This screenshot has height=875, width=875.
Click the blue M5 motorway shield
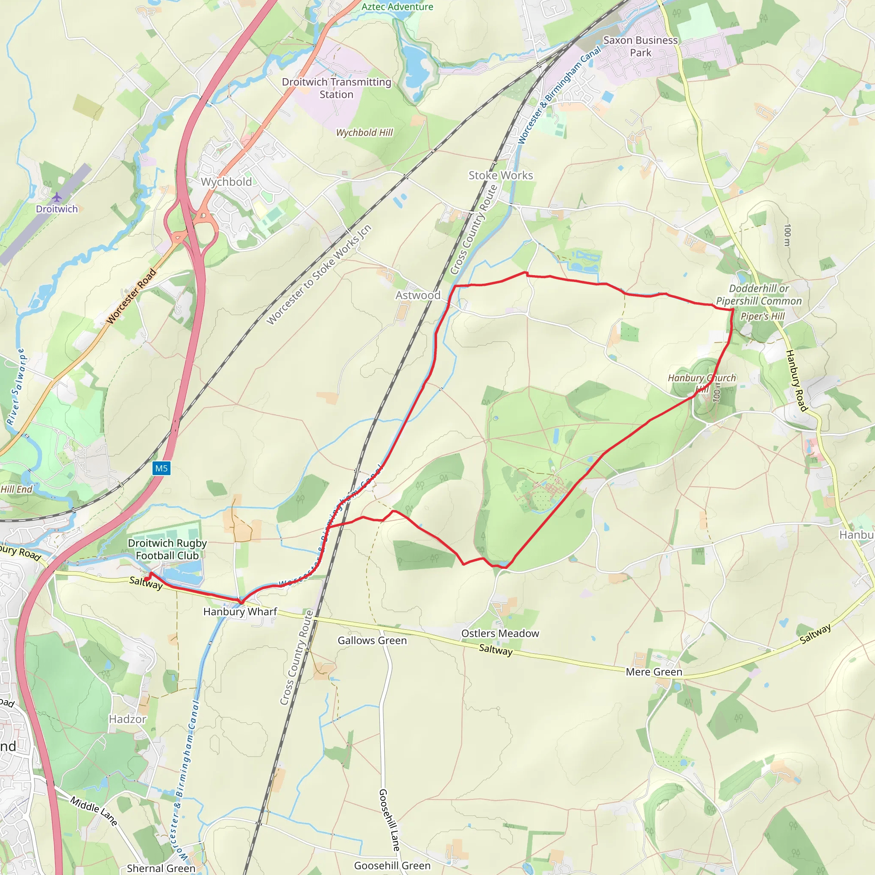click(x=161, y=468)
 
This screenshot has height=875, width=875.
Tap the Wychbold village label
click(x=226, y=182)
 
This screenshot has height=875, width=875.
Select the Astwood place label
click(x=417, y=295)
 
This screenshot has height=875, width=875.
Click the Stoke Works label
click(x=500, y=175)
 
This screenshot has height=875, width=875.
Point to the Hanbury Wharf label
click(x=240, y=611)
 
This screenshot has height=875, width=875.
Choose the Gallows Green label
click(x=372, y=640)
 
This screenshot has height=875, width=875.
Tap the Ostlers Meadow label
click(x=500, y=633)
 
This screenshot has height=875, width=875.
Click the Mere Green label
click(x=654, y=672)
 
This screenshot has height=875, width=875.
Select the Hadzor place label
click(x=127, y=719)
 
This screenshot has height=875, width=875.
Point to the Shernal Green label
click(x=161, y=868)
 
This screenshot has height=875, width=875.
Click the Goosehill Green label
click(x=392, y=866)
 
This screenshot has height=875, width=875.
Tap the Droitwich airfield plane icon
click(x=57, y=197)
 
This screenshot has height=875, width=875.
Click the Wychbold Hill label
click(x=364, y=133)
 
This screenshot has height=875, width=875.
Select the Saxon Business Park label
click(x=640, y=46)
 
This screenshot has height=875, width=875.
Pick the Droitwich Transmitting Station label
click(x=336, y=88)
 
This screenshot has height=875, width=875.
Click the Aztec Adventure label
click(x=397, y=6)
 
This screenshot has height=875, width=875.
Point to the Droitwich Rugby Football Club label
click(x=167, y=549)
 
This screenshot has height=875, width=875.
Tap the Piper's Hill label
click(x=763, y=316)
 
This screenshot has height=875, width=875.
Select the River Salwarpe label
click(x=16, y=386)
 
